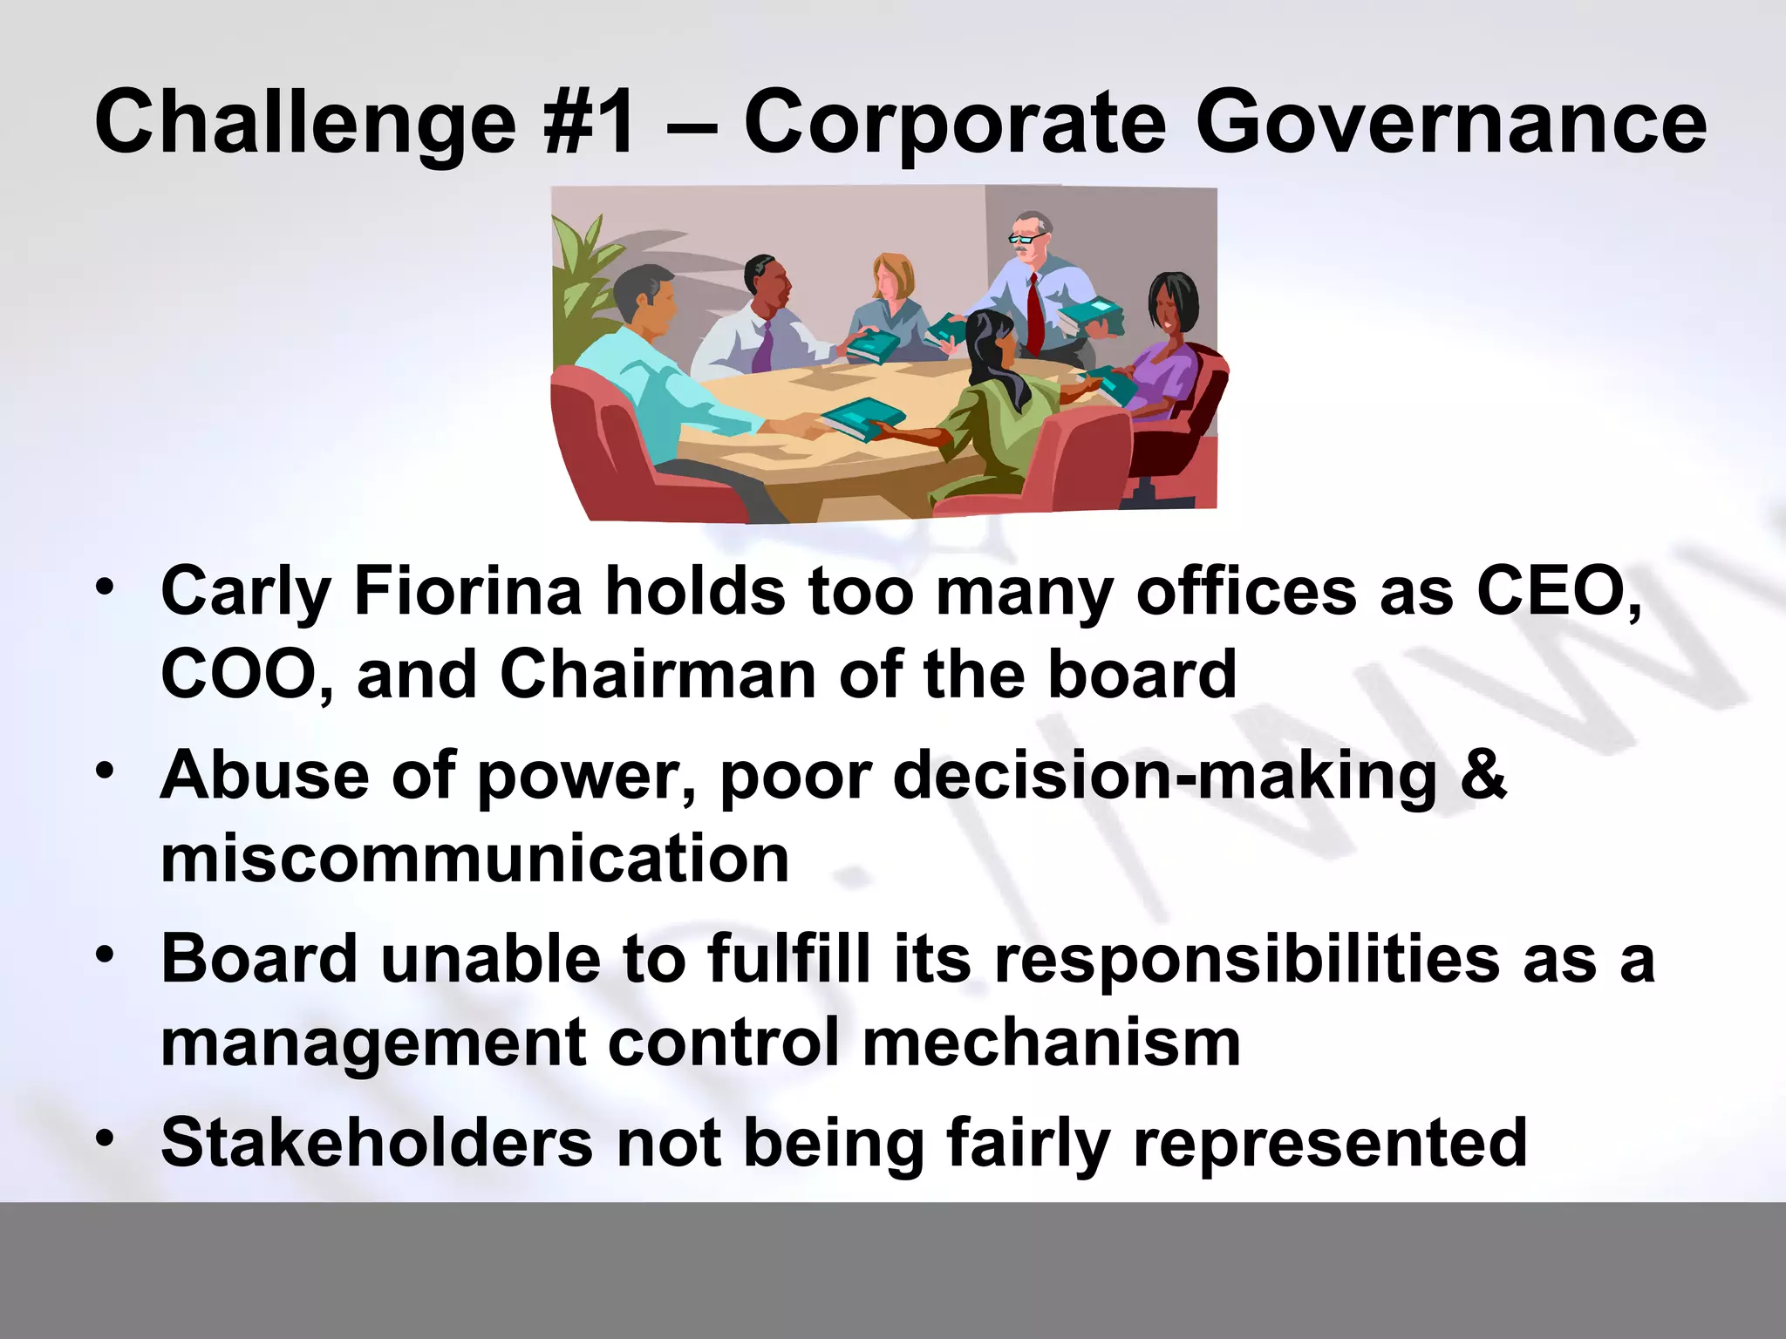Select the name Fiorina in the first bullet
coord(467,591)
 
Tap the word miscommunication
coord(475,858)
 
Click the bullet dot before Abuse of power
coord(106,771)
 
